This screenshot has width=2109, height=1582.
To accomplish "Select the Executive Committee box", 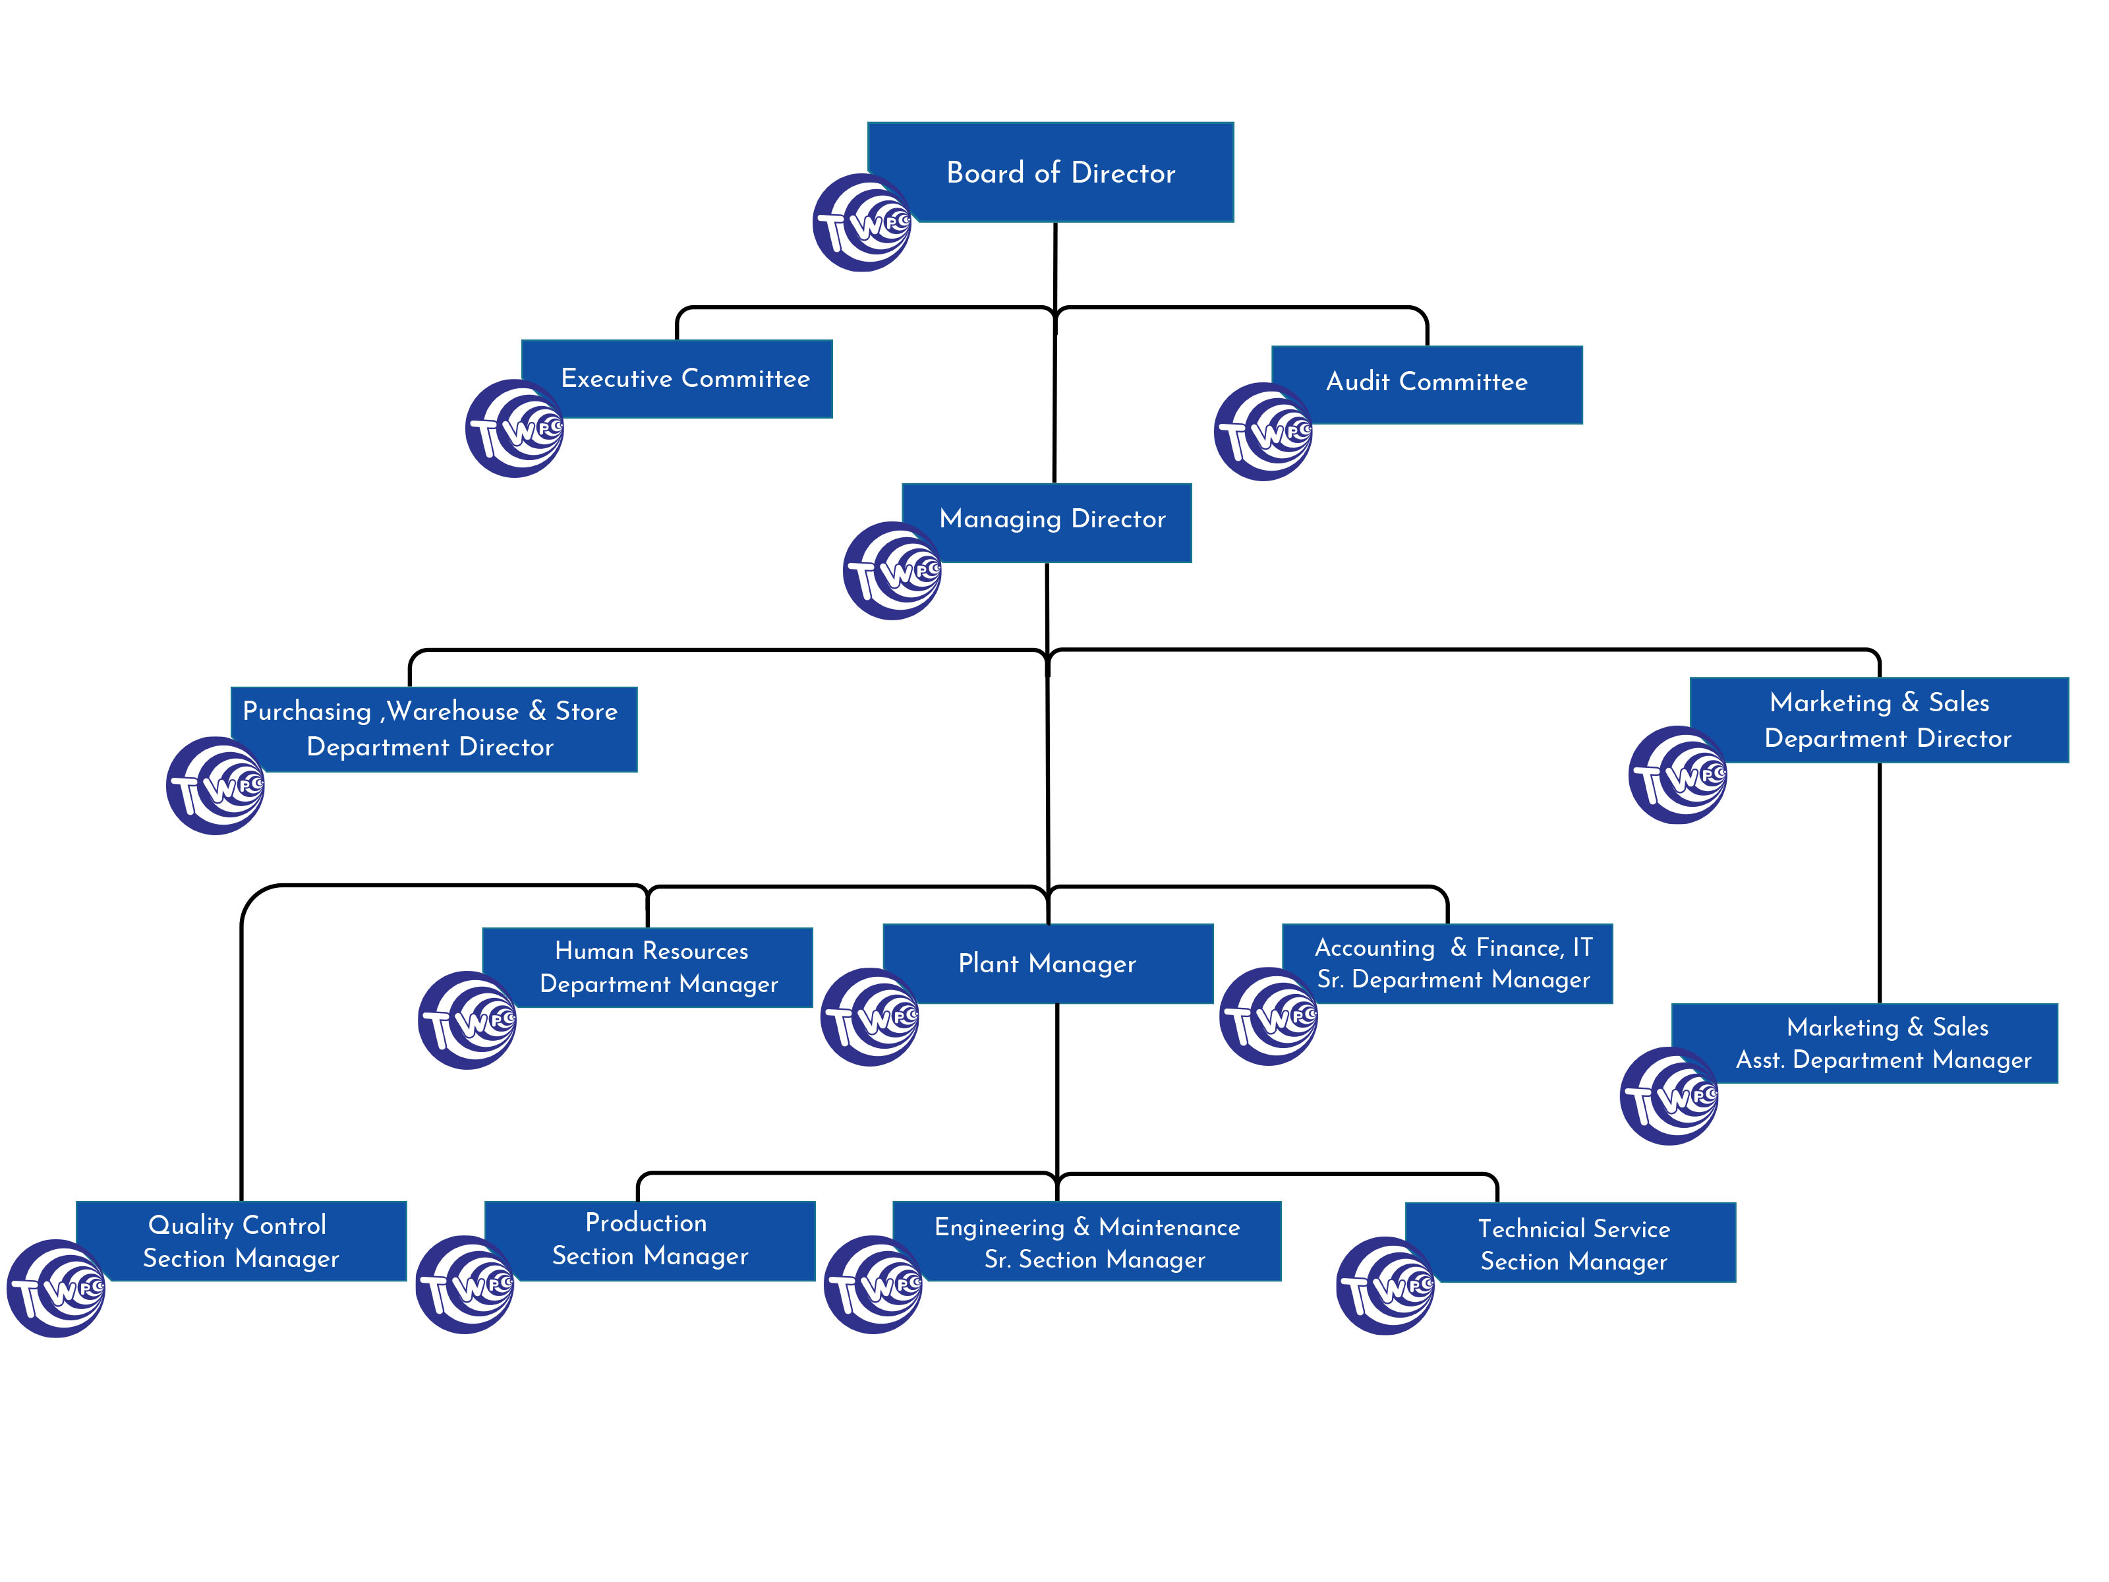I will (685, 378).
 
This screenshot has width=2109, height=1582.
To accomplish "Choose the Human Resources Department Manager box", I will (658, 967).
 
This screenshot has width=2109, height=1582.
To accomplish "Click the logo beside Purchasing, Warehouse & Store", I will (216, 786).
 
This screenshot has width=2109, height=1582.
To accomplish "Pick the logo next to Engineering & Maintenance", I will (873, 1285).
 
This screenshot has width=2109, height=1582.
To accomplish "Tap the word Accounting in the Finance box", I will (1374, 948).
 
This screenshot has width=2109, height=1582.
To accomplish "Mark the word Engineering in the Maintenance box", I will (998, 1227).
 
